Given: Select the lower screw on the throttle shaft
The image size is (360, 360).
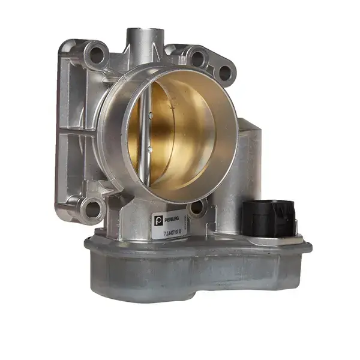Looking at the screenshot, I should pyautogui.click(x=146, y=151).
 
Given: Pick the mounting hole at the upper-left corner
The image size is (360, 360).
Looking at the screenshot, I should pyautogui.click(x=95, y=56).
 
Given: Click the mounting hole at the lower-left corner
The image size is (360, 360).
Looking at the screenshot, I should pyautogui.click(x=92, y=208).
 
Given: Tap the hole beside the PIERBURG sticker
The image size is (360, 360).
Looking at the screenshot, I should pyautogui.click(x=196, y=209).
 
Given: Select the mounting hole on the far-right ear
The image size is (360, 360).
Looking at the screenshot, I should pyautogui.click(x=224, y=73).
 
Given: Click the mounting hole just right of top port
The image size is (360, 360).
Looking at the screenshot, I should pyautogui.click(x=196, y=57).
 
